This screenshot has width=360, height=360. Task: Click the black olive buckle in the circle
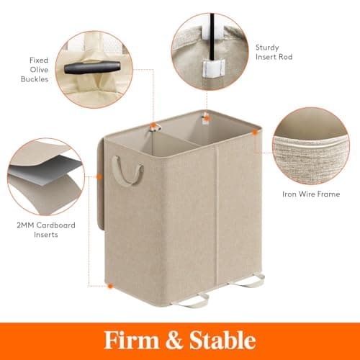(92, 67)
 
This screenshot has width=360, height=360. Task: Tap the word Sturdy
(267, 48)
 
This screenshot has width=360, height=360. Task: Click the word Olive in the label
(39, 70)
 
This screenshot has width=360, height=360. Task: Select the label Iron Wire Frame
(311, 194)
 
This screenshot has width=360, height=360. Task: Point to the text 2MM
(26, 225)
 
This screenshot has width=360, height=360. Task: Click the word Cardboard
(56, 225)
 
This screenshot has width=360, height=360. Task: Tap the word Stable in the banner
(222, 340)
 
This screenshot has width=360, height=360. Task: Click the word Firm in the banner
(131, 340)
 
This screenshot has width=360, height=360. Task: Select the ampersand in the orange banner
(174, 340)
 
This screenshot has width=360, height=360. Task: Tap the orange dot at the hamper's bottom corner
(110, 286)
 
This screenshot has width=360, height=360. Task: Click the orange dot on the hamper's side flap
(99, 177)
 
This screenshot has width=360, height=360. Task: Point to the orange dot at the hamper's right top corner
(255, 132)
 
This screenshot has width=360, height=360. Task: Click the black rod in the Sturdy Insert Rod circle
(212, 37)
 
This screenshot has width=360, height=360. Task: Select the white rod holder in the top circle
(213, 69)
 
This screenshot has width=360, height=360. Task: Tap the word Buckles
(35, 79)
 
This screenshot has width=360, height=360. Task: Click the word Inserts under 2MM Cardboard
(46, 235)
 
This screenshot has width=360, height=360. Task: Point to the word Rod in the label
(285, 57)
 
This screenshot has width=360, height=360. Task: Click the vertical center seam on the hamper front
(217, 216)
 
